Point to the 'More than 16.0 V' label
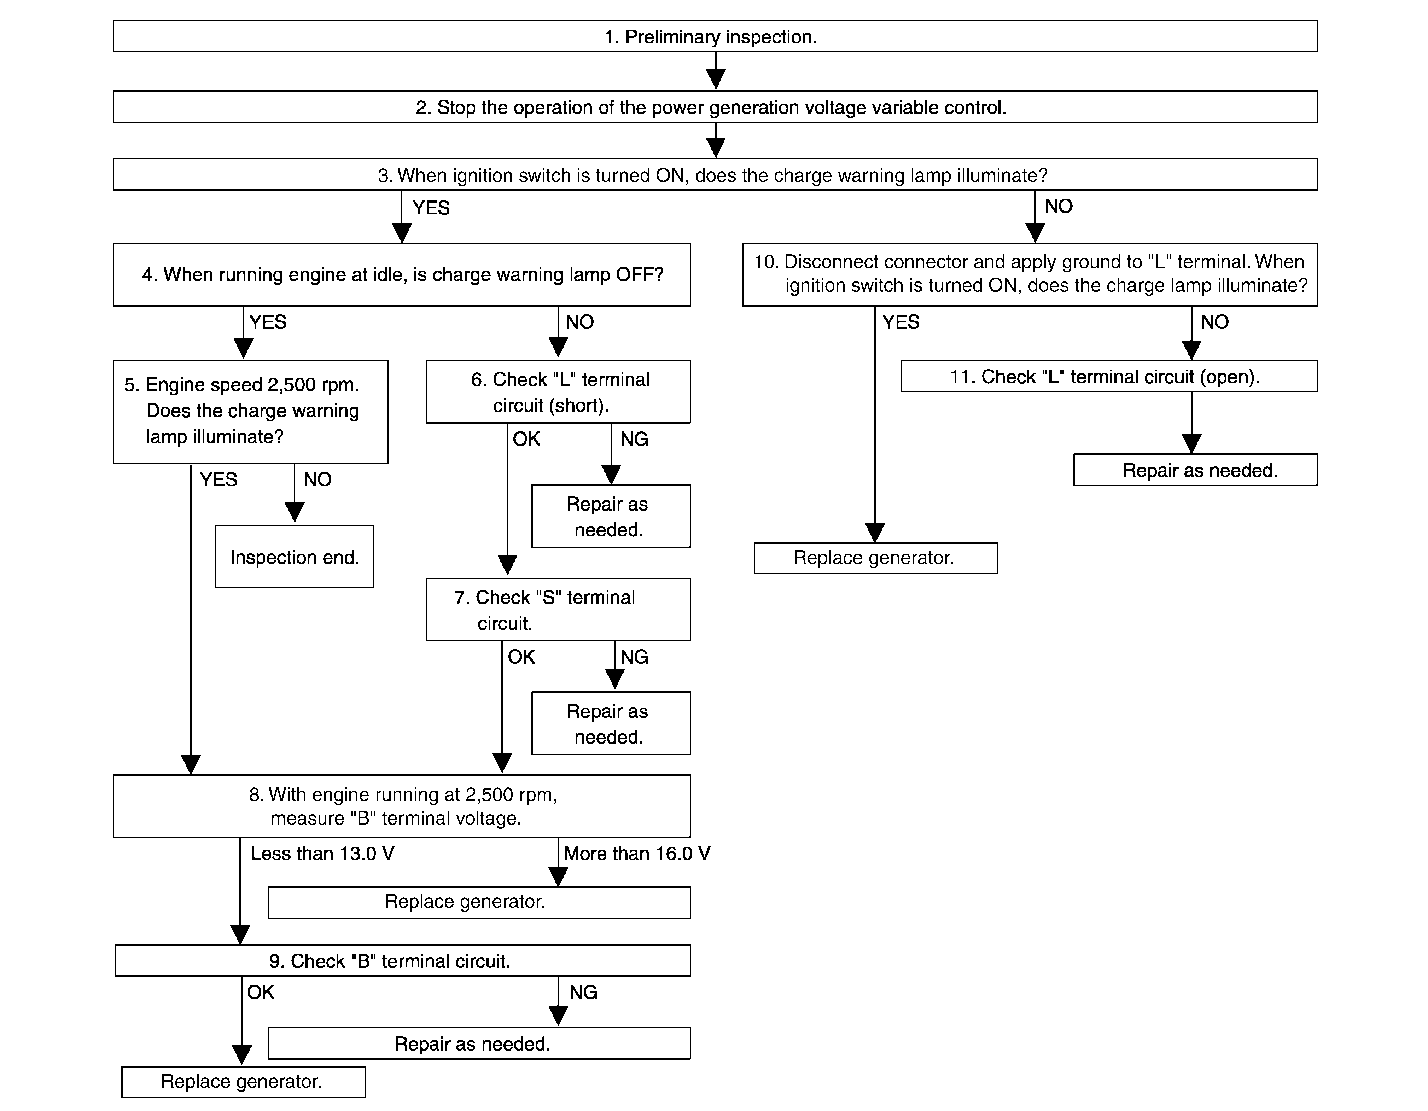[637, 853]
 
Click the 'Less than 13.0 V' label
[322, 853]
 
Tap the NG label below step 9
[583, 992]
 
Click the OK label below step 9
[260, 992]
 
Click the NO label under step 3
[1059, 206]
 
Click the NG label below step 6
[634, 439]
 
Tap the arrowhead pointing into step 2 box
[716, 80]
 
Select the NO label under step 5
[318, 479]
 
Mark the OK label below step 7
[521, 657]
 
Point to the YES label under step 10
[900, 322]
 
